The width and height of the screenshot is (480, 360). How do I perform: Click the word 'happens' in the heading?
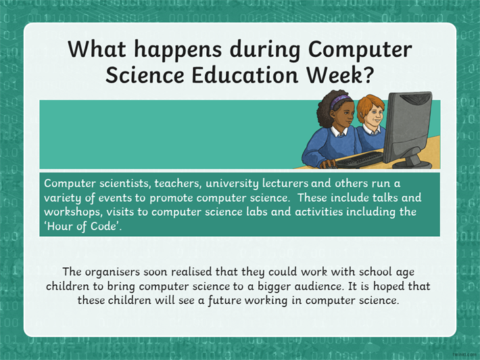point(178,49)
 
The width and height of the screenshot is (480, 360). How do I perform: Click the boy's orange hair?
point(370,105)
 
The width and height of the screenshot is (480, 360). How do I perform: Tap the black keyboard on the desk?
point(360,160)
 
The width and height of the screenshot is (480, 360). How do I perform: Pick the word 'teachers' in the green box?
point(178,183)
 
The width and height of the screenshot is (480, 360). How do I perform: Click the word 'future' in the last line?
point(224,300)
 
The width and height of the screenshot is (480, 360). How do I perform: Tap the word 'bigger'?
point(274,287)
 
